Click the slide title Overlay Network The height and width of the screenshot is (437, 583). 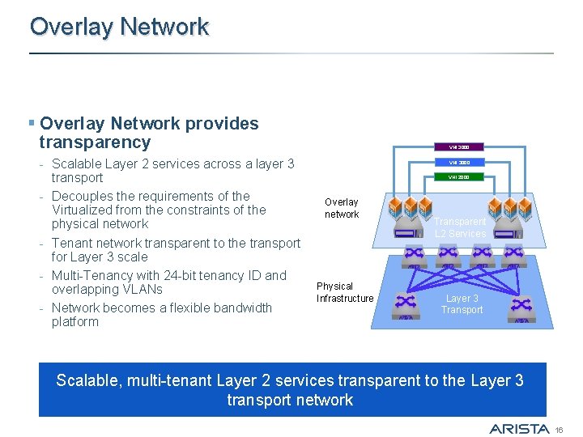[119, 27]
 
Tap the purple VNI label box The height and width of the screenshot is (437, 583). [459, 147]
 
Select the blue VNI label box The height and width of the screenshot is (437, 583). [459, 162]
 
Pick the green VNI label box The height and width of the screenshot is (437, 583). [459, 176]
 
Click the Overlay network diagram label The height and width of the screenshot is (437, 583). [342, 208]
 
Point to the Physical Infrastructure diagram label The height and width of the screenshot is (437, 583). [345, 292]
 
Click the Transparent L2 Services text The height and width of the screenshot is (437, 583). [461, 227]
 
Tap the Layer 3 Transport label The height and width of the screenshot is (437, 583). [462, 303]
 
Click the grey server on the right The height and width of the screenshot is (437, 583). [509, 232]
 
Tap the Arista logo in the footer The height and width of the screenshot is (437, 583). [520, 428]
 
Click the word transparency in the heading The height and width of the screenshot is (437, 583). [95, 142]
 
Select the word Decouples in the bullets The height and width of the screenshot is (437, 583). [79, 196]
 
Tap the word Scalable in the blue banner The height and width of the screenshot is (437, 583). [87, 380]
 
